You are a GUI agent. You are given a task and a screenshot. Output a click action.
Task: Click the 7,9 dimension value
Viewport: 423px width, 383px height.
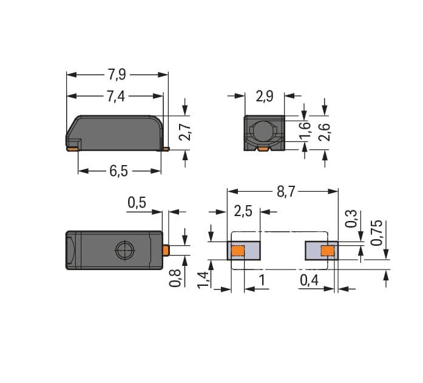click(x=117, y=75)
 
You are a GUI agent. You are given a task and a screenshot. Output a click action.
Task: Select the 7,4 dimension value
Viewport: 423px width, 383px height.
click(x=116, y=97)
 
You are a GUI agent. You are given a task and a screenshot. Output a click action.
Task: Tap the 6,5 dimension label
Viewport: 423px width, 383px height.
click(x=119, y=171)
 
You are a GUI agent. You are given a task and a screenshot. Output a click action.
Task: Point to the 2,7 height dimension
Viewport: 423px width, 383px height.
click(x=185, y=132)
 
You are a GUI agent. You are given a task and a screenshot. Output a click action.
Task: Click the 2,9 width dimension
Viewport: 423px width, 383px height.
click(x=265, y=96)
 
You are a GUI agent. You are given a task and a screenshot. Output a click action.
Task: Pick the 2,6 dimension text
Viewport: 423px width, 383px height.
click(x=324, y=132)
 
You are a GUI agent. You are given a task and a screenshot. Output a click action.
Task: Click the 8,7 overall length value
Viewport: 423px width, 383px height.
click(x=286, y=192)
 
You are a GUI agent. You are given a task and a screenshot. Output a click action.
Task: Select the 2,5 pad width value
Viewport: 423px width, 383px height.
click(x=243, y=211)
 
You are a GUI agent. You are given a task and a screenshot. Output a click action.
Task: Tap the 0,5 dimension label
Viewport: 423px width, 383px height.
click(x=137, y=202)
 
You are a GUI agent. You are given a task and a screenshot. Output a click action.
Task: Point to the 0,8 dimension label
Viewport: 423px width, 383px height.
click(x=175, y=278)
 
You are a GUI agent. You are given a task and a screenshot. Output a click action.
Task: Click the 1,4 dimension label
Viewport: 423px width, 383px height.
click(x=203, y=280)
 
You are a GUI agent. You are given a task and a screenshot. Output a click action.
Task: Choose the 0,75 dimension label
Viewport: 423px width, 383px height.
click(x=376, y=232)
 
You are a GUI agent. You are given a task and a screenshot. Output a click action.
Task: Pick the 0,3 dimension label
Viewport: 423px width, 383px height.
click(x=351, y=219)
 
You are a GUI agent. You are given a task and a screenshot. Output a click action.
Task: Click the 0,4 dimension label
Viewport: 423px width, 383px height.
click(x=309, y=280)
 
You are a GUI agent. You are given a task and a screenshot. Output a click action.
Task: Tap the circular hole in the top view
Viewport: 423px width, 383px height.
click(x=125, y=250)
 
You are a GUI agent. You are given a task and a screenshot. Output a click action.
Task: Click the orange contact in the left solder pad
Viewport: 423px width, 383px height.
click(x=238, y=251)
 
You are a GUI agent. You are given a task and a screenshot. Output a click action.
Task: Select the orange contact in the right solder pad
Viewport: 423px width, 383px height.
click(x=328, y=251)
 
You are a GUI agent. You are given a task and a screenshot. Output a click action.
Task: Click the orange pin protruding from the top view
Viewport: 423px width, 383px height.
click(x=166, y=250)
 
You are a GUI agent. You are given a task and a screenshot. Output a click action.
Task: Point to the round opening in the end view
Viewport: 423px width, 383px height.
click(x=265, y=132)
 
